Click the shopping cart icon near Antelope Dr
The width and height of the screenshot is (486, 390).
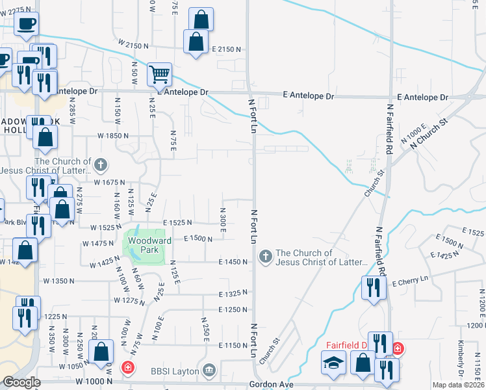click(x=159, y=74)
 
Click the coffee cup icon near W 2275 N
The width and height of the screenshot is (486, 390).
click(x=27, y=24)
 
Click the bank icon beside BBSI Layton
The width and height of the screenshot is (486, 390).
click(x=209, y=370)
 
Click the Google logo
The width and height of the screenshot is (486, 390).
click(x=21, y=382)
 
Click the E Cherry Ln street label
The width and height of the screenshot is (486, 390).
click(x=411, y=278)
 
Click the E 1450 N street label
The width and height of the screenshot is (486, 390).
click(x=233, y=261)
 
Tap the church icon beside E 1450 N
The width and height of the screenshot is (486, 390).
click(x=264, y=257)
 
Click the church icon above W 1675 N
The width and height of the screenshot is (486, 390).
click(x=100, y=165)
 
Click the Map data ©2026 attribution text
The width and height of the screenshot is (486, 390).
click(x=457, y=384)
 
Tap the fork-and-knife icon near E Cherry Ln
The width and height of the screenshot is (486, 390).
click(x=373, y=287)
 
